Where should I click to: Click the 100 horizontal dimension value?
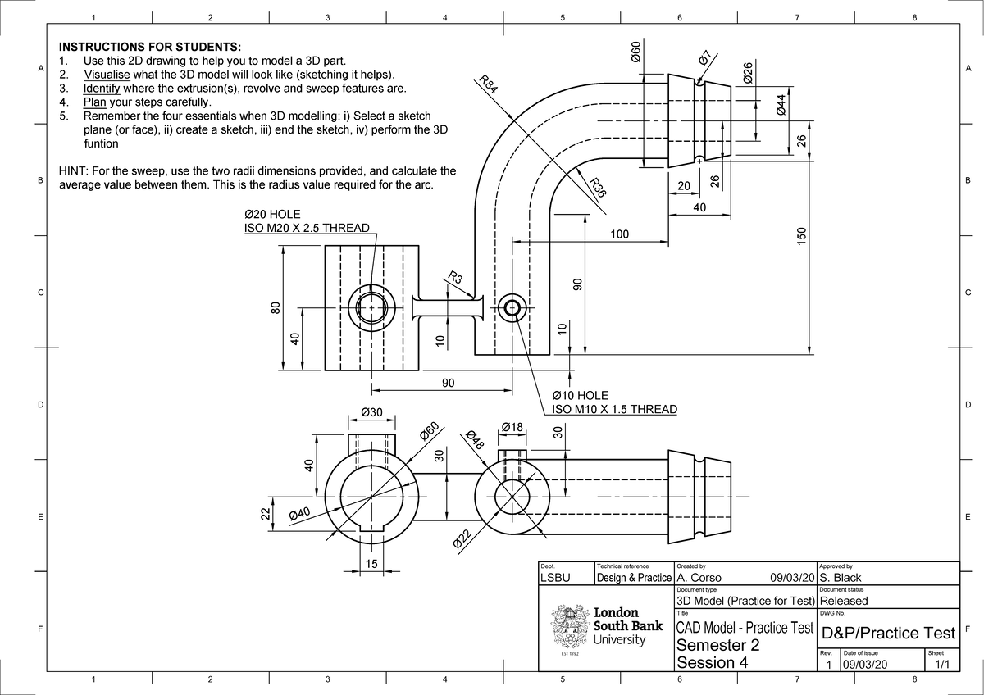(618, 234)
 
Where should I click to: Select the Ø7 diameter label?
(704, 59)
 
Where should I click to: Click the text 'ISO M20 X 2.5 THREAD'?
(307, 228)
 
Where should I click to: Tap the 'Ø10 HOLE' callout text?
(581, 396)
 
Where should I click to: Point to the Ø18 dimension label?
(512, 426)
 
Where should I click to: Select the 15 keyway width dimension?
(371, 564)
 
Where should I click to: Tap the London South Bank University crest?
(567, 630)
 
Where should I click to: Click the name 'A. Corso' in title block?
(699, 577)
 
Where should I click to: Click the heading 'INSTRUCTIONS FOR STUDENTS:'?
(149, 48)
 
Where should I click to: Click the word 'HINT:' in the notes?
(73, 171)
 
